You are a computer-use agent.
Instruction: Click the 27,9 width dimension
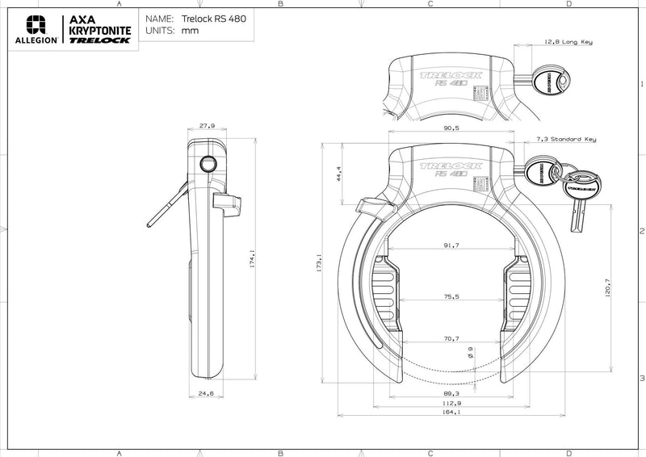(x=208, y=126)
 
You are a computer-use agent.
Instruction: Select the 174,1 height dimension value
(x=254, y=260)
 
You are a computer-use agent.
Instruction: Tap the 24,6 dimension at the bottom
(x=206, y=393)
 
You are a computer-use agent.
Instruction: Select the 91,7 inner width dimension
(x=451, y=245)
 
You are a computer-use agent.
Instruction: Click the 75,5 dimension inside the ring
(x=451, y=296)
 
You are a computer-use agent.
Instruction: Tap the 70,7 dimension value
(x=451, y=338)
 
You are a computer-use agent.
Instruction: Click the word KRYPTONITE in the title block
(x=99, y=29)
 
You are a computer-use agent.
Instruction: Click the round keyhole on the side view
(x=209, y=164)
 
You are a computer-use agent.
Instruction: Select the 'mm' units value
(x=191, y=30)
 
